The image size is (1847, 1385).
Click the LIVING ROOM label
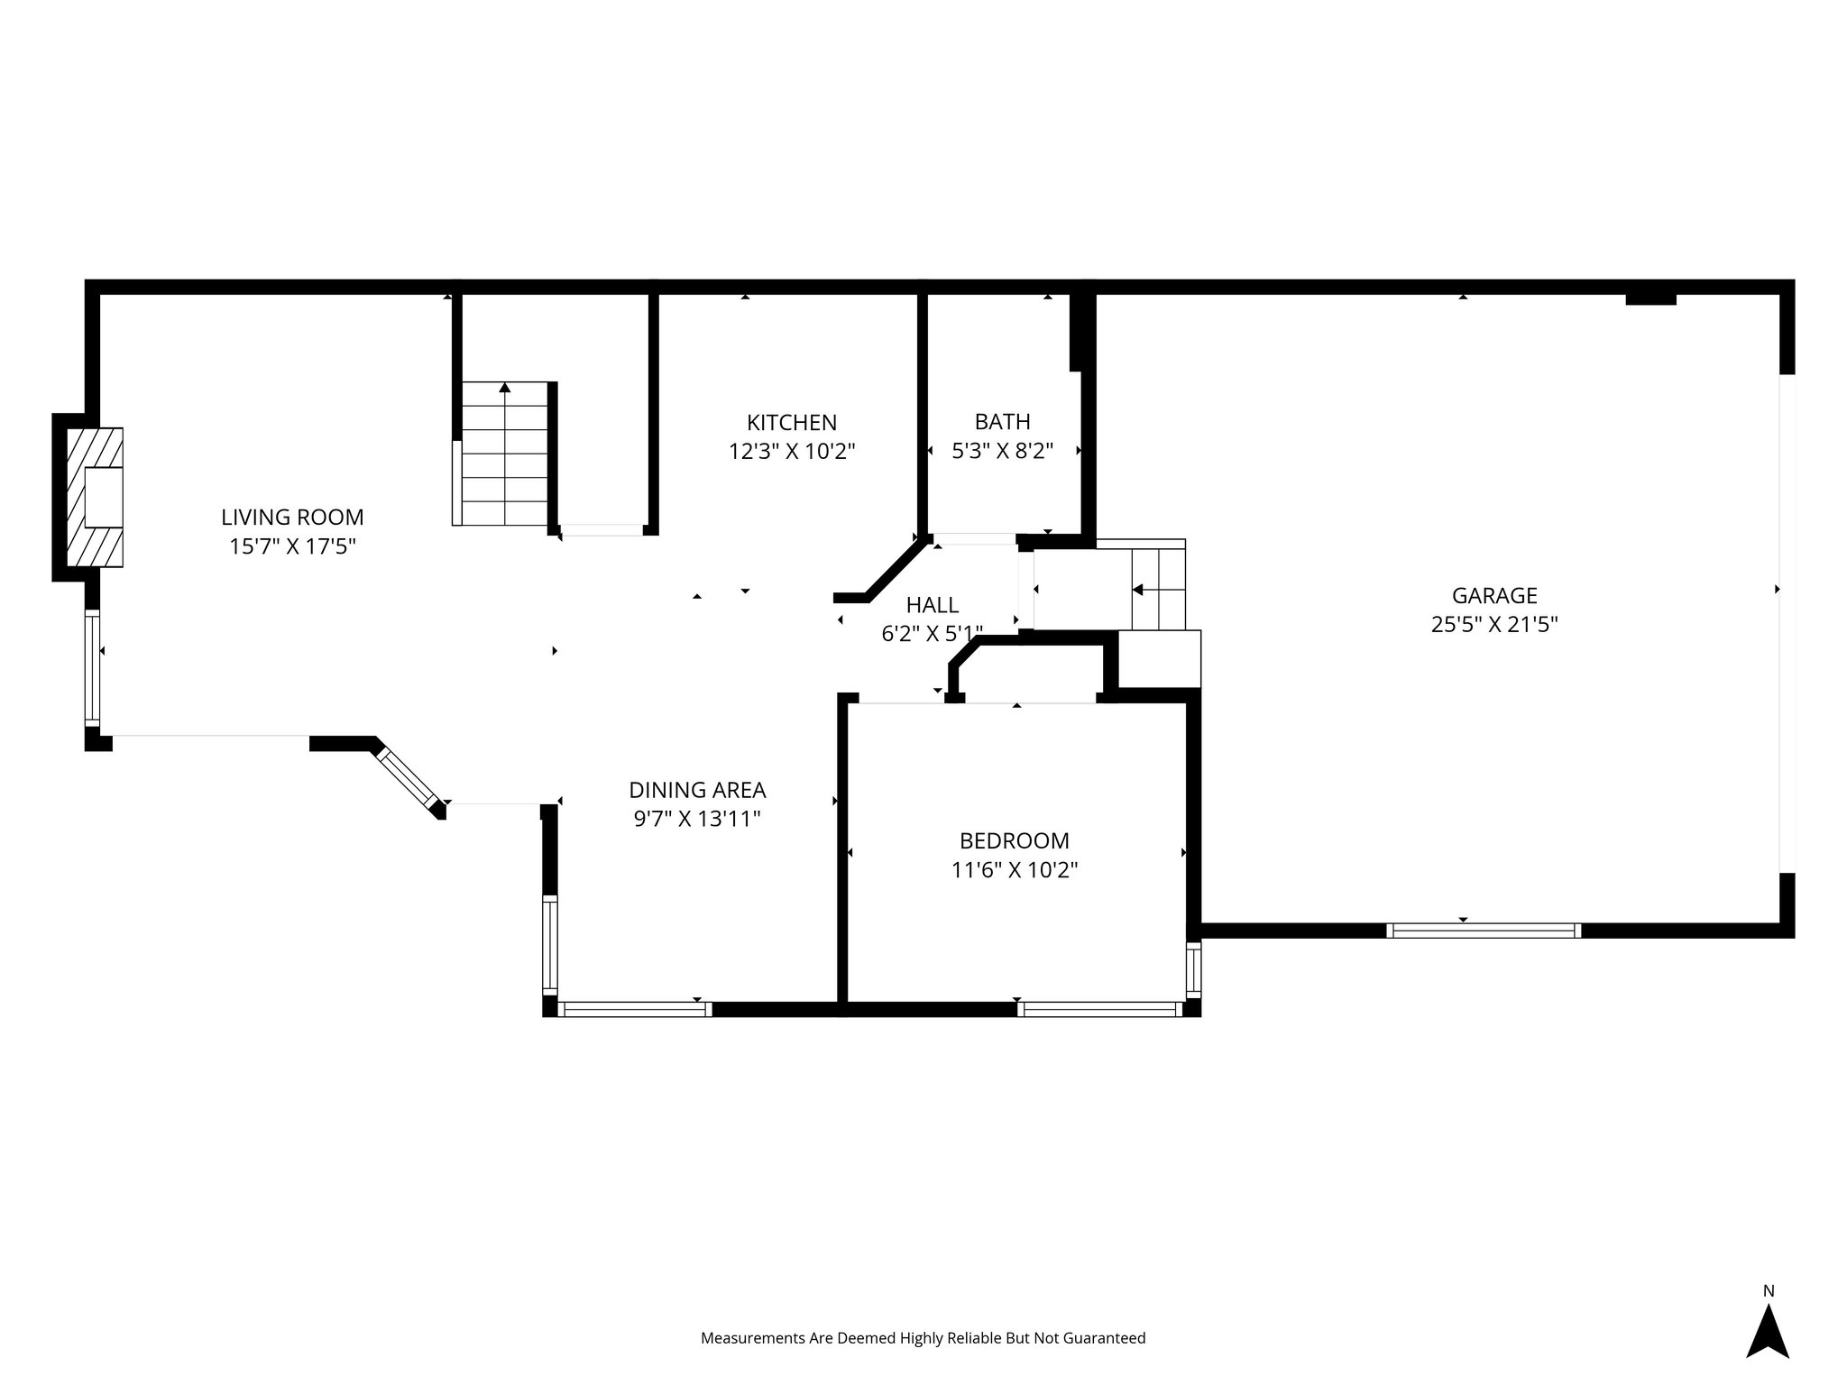[292, 518]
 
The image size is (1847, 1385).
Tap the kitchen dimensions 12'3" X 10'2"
[791, 452]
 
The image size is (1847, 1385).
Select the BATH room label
[1002, 422]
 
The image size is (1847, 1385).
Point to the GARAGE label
[1493, 595]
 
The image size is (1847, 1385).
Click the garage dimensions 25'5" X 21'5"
[1493, 625]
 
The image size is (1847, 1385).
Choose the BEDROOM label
[1014, 841]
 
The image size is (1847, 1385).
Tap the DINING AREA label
[697, 790]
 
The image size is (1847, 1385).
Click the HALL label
[932, 605]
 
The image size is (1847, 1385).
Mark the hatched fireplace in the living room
[94, 497]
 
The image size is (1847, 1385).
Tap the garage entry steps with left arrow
[1158, 590]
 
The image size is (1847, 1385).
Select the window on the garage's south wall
[1483, 931]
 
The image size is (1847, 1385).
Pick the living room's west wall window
[92, 667]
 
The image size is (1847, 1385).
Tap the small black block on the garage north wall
[1649, 300]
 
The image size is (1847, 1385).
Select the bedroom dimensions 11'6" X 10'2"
[1014, 870]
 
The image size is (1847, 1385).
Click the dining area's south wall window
[635, 1009]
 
